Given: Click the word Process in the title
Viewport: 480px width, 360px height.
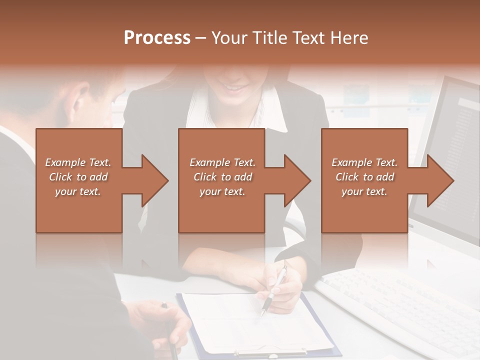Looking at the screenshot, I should [157, 38].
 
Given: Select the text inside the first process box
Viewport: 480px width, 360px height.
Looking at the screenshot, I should [78, 177].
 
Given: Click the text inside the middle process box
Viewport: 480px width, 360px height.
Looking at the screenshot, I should [222, 177].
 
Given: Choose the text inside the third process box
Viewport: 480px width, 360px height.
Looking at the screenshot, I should [364, 177].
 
